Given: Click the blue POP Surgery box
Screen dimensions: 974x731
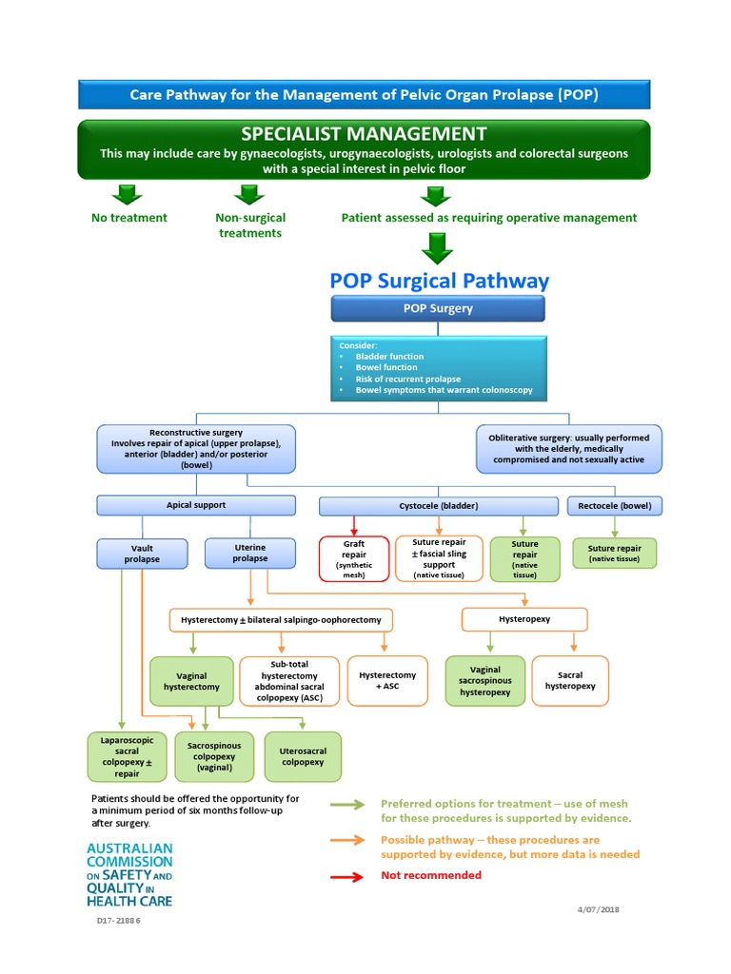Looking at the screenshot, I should click(x=438, y=308).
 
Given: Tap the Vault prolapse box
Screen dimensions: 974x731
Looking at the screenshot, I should click(x=142, y=554).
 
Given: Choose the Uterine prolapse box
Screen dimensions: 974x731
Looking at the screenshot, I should click(x=249, y=554).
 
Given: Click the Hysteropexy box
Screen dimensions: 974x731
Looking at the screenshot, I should click(x=524, y=619).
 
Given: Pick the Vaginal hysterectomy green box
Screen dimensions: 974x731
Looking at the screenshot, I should click(x=191, y=680).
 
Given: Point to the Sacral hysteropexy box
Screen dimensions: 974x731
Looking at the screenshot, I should click(x=570, y=680).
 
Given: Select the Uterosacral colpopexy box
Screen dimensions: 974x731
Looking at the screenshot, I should click(x=303, y=756).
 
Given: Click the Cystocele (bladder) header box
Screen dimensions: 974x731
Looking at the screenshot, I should click(x=439, y=506).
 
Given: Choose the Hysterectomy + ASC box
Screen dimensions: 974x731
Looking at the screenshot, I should click(x=387, y=680).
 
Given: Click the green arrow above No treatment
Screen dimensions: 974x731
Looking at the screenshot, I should click(x=127, y=194).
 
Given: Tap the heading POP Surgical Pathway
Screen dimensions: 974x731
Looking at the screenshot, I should click(x=439, y=281).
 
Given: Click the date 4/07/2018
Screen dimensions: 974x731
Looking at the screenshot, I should click(x=597, y=909).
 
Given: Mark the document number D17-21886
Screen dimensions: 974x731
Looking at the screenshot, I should click(x=119, y=920).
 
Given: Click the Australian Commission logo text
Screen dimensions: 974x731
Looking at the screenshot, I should click(x=129, y=873).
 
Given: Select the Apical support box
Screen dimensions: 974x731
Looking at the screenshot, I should click(x=196, y=506).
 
